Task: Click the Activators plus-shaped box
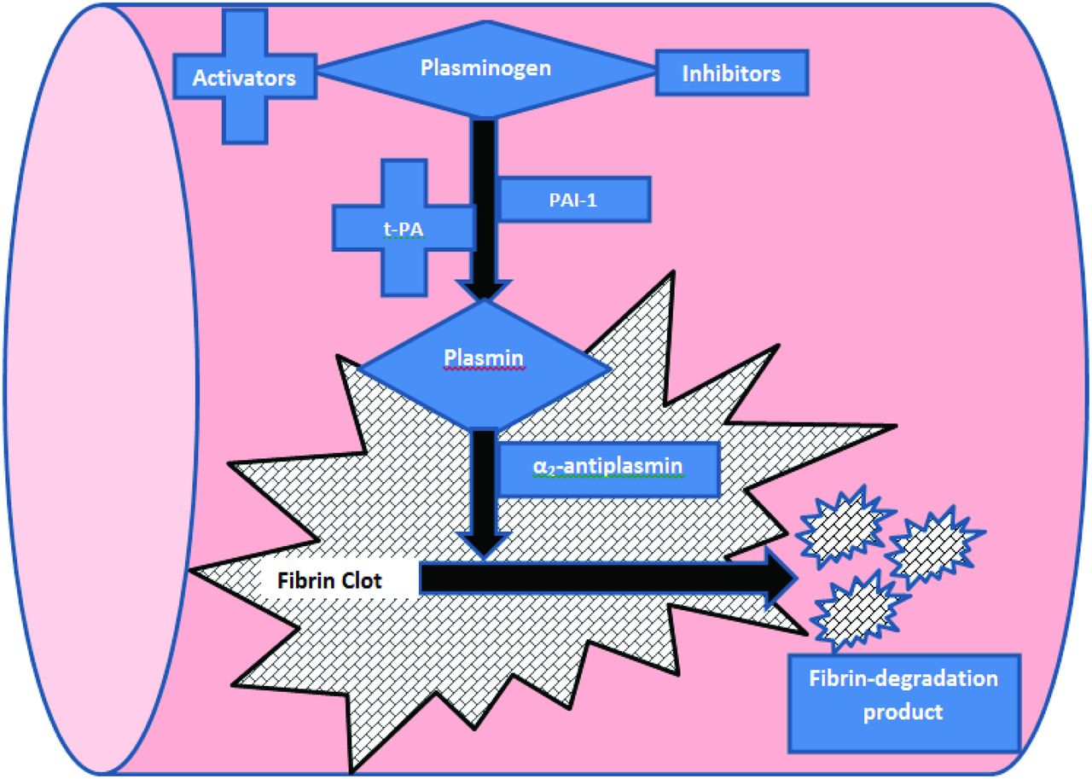[x=244, y=77]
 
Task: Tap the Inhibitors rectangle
[x=731, y=74]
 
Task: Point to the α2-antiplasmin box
[x=607, y=468]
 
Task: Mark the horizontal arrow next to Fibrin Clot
[x=597, y=579]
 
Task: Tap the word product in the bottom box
[x=903, y=712]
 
